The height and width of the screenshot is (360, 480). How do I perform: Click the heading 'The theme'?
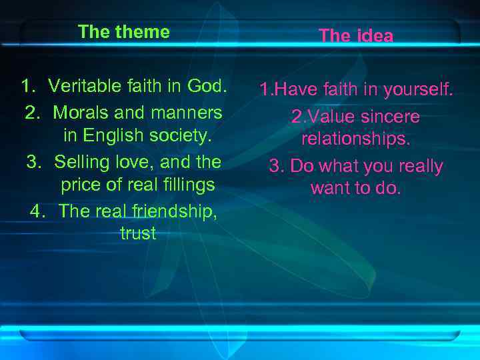[x=123, y=32]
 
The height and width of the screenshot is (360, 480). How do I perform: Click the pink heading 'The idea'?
[x=356, y=36]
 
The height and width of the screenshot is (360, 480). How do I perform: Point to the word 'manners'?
[x=186, y=111]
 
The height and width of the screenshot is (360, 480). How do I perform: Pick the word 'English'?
[x=107, y=135]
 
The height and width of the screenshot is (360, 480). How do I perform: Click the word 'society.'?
[x=175, y=135]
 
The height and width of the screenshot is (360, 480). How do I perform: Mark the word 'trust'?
[x=138, y=233]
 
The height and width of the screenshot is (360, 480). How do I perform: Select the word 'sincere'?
[x=387, y=117]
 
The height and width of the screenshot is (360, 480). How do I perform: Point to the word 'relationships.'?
[x=356, y=139]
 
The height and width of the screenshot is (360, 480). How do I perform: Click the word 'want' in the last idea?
[x=330, y=189]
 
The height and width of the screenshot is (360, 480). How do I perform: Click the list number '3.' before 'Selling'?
[x=34, y=161]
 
